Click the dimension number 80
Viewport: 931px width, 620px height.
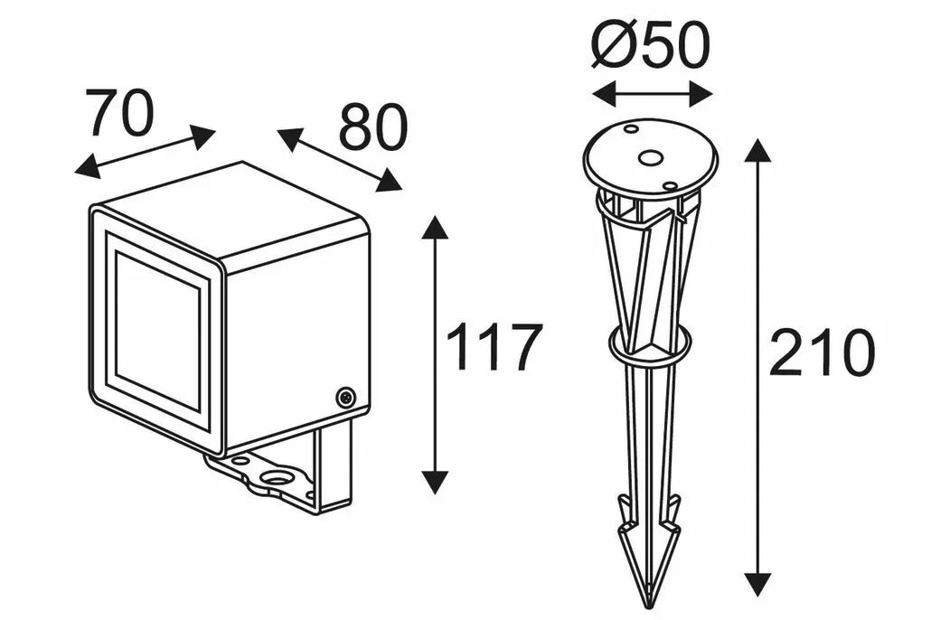[374, 127]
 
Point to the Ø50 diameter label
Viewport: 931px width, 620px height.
[651, 46]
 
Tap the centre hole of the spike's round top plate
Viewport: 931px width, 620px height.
[649, 158]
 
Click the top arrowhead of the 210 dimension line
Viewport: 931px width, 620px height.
[757, 151]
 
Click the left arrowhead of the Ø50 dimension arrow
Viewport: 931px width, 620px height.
[605, 94]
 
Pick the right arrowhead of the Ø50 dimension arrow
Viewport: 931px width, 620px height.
[701, 94]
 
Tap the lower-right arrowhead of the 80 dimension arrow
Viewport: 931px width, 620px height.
[390, 181]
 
